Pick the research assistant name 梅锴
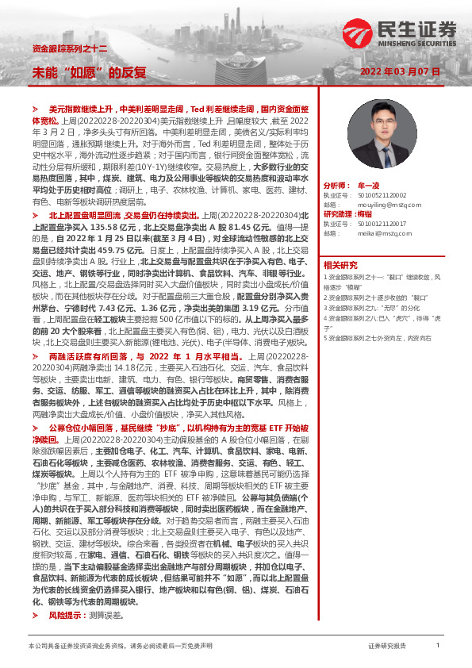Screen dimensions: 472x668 point(365,214)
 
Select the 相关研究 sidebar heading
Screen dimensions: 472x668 point(340,264)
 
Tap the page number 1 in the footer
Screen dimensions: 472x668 point(438,647)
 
